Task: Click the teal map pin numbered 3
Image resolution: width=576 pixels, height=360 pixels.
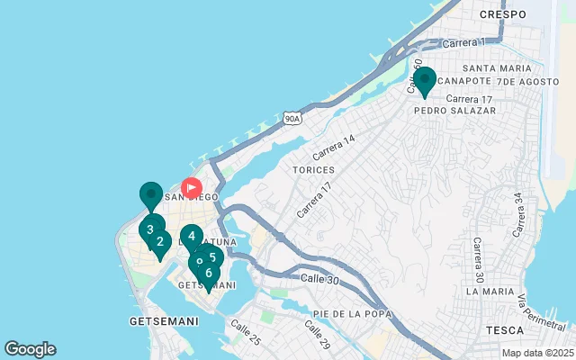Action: click(150, 229)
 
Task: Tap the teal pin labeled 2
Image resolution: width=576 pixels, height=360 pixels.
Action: click(160, 241)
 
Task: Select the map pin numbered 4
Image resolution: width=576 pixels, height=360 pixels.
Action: click(192, 237)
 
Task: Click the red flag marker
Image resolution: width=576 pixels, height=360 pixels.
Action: click(192, 187)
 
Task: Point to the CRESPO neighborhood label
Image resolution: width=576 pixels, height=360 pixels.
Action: click(502, 14)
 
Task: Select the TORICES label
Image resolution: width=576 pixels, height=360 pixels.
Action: click(313, 169)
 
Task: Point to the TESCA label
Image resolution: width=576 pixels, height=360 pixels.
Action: click(504, 330)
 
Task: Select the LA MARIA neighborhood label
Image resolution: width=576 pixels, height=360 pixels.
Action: click(488, 292)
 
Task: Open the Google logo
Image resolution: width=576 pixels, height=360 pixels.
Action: click(30, 349)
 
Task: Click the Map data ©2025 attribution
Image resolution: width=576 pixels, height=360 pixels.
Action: click(536, 353)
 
